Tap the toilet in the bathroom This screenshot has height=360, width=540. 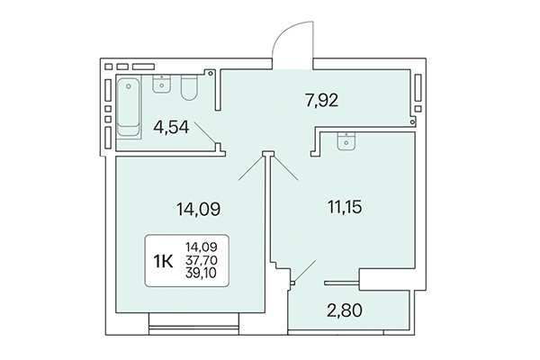point(189,89)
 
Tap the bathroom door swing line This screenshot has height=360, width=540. point(205,137)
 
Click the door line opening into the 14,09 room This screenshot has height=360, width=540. point(247,171)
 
